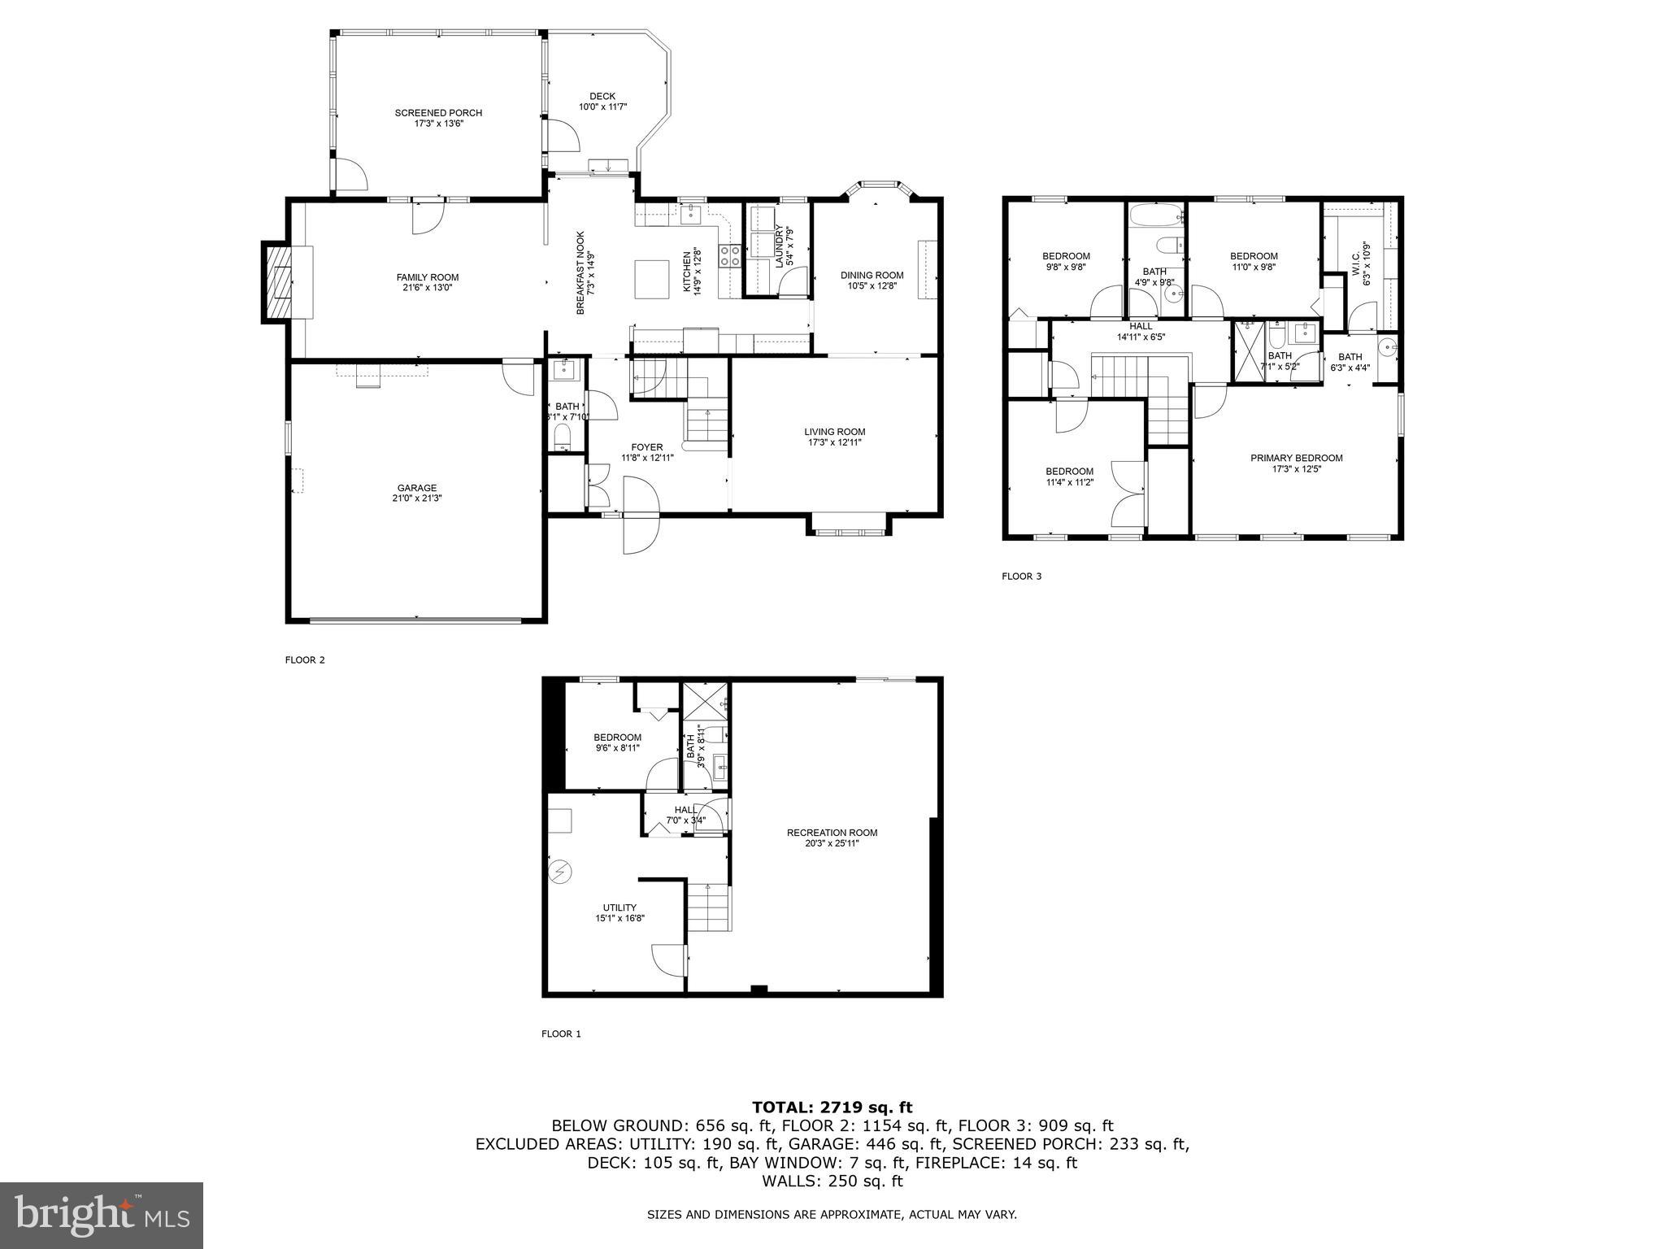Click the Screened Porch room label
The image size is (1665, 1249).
coord(438,113)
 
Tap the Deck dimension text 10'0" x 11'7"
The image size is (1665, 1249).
coord(602,107)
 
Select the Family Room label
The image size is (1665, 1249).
coord(428,277)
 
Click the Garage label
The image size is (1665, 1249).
coord(417,488)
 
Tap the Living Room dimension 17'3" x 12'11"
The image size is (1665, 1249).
coord(835,443)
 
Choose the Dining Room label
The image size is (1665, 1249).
coord(872,275)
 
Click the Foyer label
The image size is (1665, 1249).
coord(647,446)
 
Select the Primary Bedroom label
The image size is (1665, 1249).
coord(1296,458)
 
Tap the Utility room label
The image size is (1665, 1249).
coord(619,907)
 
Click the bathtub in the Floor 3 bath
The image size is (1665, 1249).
coord(1156,215)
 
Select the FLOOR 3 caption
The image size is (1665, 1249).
coord(1021,577)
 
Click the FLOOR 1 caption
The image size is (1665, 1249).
coord(561,1034)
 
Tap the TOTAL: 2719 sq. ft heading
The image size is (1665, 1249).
coord(832,1107)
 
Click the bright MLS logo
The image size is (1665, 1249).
coord(102,1216)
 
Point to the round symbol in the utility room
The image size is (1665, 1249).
coord(559,873)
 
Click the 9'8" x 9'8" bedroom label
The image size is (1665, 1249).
coord(1066,256)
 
